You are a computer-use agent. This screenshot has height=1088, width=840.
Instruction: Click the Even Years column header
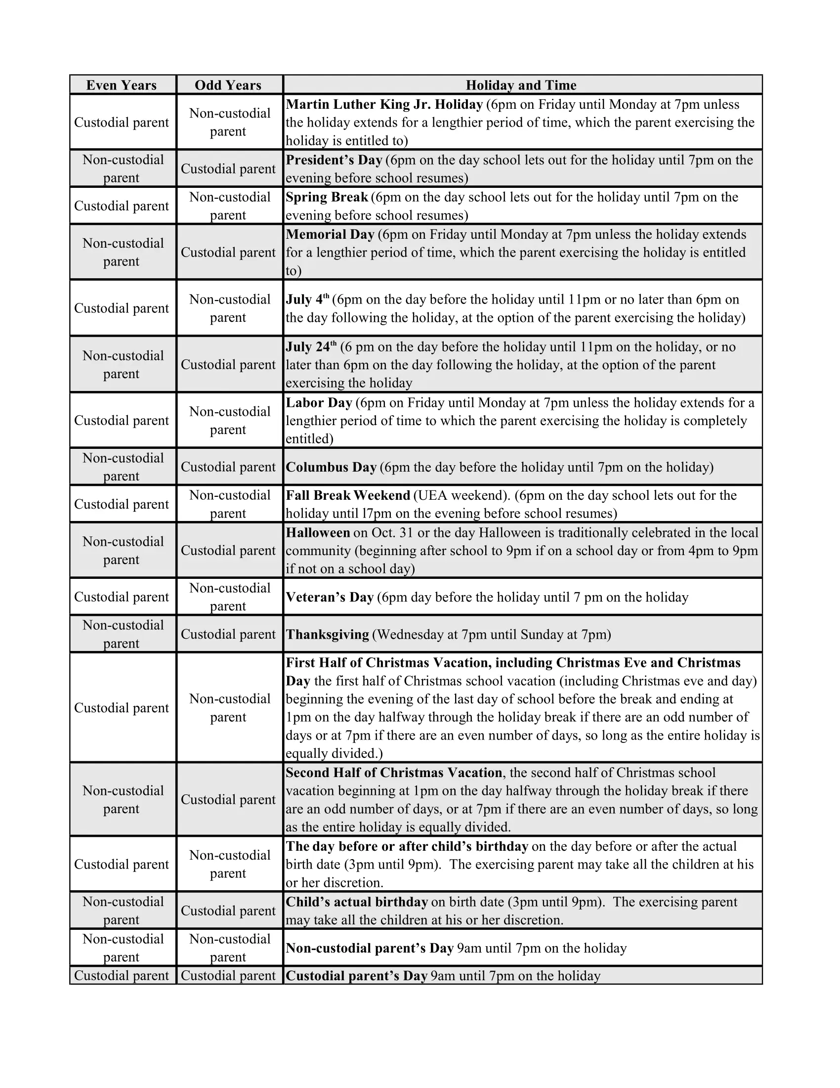point(122,85)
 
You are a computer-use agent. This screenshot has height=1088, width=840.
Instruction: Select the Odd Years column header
point(228,85)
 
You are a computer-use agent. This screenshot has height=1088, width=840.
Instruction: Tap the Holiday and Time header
point(521,85)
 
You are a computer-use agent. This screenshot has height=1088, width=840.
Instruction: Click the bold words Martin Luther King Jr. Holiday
point(384,105)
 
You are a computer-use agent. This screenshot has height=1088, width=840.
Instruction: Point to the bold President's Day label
point(334,160)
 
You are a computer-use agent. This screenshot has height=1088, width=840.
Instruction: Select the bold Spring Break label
point(327,197)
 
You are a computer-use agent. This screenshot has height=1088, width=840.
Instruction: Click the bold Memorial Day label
point(330,235)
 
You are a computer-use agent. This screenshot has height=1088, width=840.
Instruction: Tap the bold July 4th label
point(307,300)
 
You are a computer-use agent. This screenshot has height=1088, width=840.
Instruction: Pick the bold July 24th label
point(311,347)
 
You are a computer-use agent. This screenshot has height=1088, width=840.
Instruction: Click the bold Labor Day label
point(319,402)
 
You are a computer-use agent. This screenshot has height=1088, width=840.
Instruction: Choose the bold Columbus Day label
point(331,467)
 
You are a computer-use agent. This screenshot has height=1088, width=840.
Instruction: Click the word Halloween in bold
point(318,533)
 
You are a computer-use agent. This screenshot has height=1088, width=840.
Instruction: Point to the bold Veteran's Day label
point(330,597)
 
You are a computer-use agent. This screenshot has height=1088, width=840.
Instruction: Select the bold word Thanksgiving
point(328,635)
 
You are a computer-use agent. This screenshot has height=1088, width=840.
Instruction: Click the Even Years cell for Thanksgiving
point(123,634)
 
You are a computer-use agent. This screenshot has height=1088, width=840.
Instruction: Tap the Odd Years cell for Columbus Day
point(228,467)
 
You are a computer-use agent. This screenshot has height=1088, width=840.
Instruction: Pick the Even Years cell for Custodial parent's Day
point(122,975)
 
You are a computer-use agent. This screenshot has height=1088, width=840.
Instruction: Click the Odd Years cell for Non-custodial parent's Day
point(229,948)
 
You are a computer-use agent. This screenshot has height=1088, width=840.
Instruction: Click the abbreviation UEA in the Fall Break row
point(432,496)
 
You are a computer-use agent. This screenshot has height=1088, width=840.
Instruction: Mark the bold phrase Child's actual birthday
point(357,902)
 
